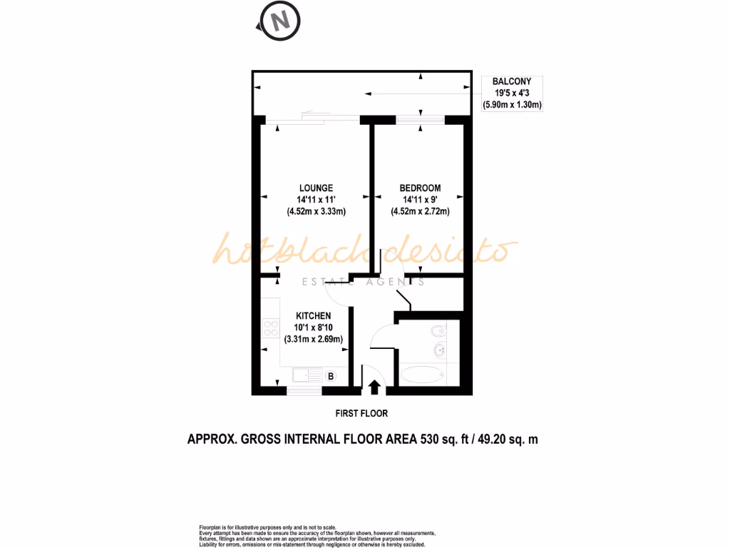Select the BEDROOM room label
point(420,188)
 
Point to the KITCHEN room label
point(314,316)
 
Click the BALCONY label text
point(512,82)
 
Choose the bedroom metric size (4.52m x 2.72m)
point(420,211)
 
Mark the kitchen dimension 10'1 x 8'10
point(314,328)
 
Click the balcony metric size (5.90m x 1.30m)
point(512,105)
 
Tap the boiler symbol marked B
point(331,375)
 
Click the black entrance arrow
point(374,387)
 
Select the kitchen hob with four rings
point(271,328)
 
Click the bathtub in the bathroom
point(421,375)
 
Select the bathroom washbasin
point(441,350)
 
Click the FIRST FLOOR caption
point(361,413)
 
